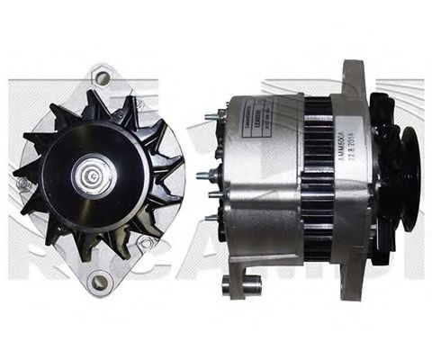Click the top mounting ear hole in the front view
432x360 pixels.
tap(102, 78)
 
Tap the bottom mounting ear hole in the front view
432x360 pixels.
tap(100, 281)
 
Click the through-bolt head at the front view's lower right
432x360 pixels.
tap(144, 242)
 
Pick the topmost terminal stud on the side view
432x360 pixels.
tap(213, 114)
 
